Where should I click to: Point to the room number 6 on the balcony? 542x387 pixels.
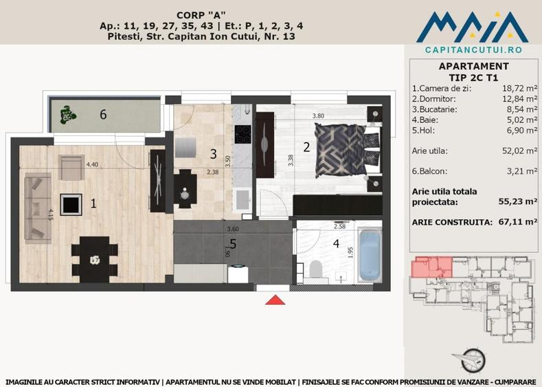(x=103, y=114)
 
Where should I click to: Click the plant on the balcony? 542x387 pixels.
(x=67, y=114)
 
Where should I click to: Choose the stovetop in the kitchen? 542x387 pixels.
(x=243, y=134)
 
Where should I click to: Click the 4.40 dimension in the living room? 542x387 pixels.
(x=93, y=165)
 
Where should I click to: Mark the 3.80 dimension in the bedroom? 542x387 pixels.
(x=318, y=116)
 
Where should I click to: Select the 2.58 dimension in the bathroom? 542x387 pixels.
(x=339, y=226)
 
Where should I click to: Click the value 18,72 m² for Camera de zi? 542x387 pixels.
(x=519, y=89)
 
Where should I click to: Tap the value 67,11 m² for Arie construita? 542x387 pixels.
(x=518, y=222)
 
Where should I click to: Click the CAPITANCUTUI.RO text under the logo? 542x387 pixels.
(x=473, y=50)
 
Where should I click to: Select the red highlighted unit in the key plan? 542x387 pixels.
(x=431, y=267)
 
